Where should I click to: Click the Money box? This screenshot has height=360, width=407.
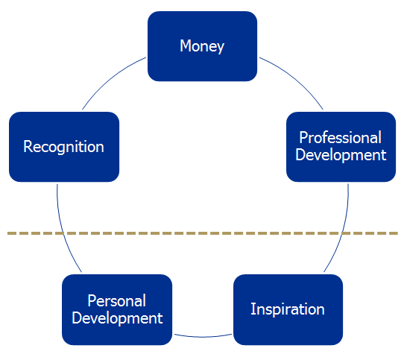(x=202, y=46)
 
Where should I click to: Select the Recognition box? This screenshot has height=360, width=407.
(x=64, y=147)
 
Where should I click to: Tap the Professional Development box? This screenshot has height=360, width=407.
(x=341, y=147)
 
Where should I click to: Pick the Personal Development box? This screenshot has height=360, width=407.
(x=117, y=309)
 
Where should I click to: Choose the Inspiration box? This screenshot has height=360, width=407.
(x=288, y=309)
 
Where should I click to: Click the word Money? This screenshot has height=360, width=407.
(x=202, y=47)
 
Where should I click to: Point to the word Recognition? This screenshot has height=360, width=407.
(x=63, y=147)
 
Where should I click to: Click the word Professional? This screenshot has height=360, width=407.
(x=341, y=137)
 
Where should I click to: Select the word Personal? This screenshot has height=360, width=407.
(x=116, y=301)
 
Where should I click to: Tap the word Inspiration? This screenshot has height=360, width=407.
(x=288, y=309)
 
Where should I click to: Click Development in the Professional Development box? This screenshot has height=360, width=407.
(x=341, y=155)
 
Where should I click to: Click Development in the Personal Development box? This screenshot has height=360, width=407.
(x=117, y=318)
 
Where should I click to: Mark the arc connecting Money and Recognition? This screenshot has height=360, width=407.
(x=111, y=79)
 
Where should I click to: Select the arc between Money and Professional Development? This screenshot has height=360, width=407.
(x=294, y=79)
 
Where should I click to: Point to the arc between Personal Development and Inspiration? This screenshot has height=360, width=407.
(x=203, y=337)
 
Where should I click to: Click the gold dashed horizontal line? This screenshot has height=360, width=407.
(x=203, y=233)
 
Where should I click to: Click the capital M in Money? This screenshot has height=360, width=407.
(x=186, y=45)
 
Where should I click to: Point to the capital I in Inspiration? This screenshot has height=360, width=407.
(x=252, y=309)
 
